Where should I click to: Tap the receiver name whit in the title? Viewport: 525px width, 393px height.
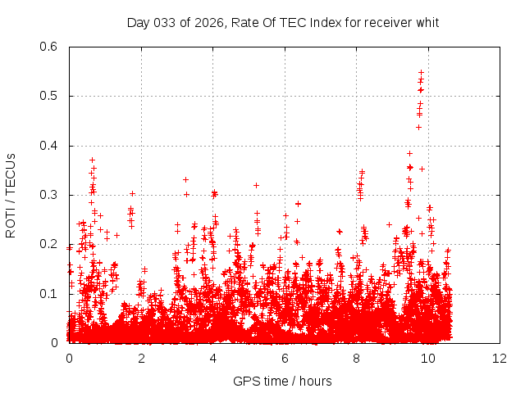point(427,22)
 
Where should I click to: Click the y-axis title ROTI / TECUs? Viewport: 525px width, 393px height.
point(11,195)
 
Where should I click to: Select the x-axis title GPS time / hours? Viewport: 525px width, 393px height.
point(283,381)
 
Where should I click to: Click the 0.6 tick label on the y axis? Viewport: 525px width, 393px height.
point(50,47)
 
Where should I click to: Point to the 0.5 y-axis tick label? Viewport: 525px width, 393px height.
point(50,96)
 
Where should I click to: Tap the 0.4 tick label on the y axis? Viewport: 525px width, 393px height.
point(50,146)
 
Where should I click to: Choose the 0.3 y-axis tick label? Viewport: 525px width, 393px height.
point(50,195)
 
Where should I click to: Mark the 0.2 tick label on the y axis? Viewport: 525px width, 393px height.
point(50,244)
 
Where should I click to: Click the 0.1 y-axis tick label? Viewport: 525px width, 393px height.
point(50,294)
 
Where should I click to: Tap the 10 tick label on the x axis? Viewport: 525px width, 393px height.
point(428,359)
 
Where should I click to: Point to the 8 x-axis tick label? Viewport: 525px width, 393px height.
point(357,359)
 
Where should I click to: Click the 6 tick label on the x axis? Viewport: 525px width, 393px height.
point(285,359)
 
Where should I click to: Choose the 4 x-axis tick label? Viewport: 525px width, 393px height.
point(213,359)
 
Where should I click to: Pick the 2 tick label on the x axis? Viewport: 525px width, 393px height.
point(141,359)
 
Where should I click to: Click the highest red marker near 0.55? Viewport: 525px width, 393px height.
point(421,72)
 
